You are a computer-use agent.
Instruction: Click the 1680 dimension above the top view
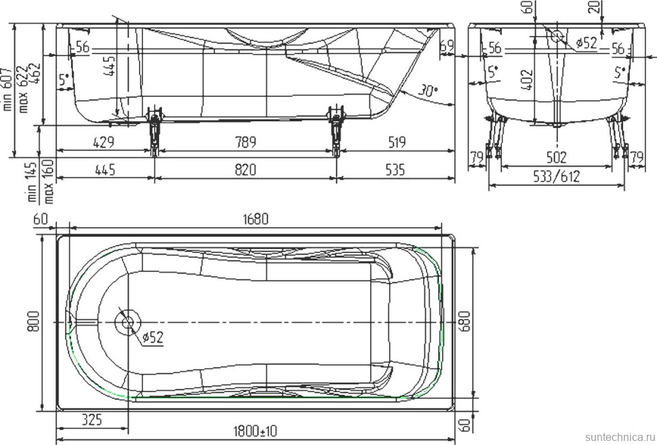(255, 219)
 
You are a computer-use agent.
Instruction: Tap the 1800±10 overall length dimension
(255, 430)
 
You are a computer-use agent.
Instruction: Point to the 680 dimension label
(465, 321)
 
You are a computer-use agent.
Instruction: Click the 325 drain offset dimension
(91, 419)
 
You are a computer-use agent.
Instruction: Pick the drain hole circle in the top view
(128, 322)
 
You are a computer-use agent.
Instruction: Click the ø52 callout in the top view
(152, 337)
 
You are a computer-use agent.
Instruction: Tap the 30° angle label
(428, 90)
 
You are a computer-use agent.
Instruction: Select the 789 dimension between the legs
(245, 142)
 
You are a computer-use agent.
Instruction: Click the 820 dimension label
(245, 170)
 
